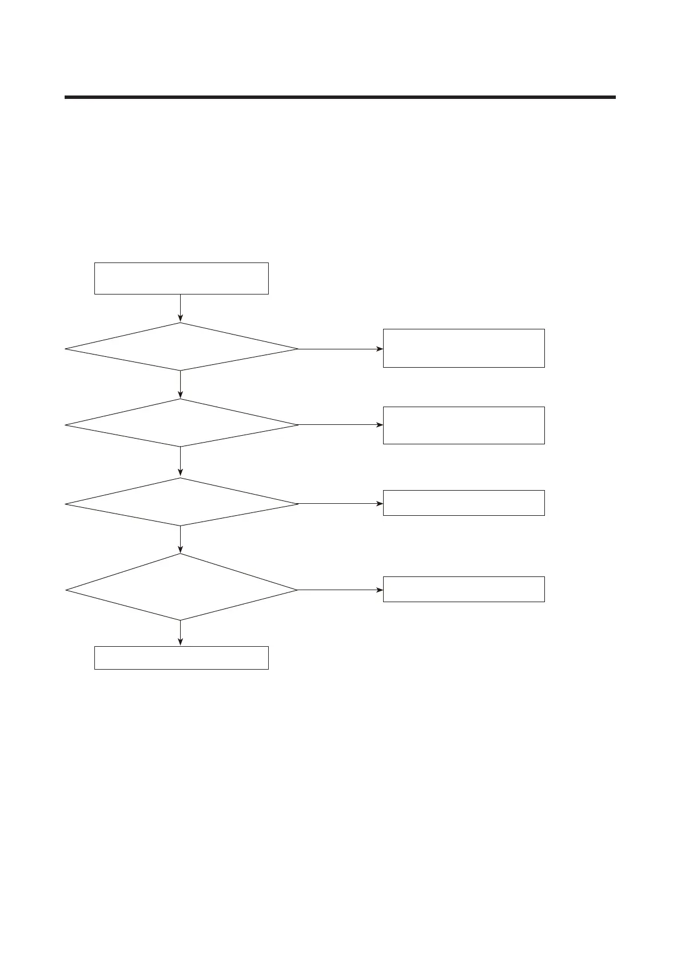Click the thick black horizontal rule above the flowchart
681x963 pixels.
pos(340,97)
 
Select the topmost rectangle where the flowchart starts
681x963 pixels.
pos(181,278)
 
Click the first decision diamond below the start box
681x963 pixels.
pos(181,347)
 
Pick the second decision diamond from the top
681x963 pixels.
pos(181,423)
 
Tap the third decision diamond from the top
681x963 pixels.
pos(181,502)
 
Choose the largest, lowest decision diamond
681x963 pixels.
pos(181,587)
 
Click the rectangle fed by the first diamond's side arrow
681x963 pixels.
pos(463,348)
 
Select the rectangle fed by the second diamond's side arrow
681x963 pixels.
pos(463,425)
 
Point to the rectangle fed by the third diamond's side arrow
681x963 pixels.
pos(463,503)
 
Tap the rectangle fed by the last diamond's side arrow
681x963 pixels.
pos(463,589)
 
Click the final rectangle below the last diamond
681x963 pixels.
pos(181,658)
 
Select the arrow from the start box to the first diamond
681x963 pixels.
pos(181,308)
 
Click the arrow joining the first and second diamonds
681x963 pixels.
pos(181,384)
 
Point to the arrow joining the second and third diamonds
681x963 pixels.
pos(181,461)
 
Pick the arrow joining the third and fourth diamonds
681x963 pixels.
pos(181,539)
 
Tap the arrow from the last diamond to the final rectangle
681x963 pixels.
pos(181,633)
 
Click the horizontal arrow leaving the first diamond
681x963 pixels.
pos(340,349)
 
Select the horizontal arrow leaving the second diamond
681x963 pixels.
pos(340,425)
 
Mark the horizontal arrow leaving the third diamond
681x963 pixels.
pos(340,504)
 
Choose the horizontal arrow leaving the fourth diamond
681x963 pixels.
pos(340,590)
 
